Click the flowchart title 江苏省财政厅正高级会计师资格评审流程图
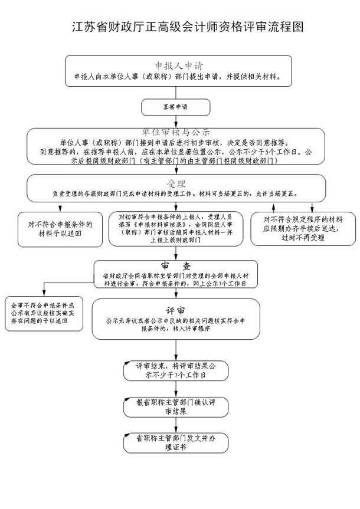pyautogui.click(x=188, y=27)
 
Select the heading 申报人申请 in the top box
pyautogui.click(x=178, y=65)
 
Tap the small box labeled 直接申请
pyautogui.click(x=175, y=107)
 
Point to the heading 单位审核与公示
pyautogui.click(x=175, y=132)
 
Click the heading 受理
pyautogui.click(x=176, y=183)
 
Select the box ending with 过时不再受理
pyautogui.click(x=303, y=228)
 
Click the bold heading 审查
pyautogui.click(x=175, y=266)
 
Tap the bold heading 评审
pyautogui.click(x=175, y=310)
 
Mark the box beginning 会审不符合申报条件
pyautogui.click(x=42, y=314)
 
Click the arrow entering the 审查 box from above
pyautogui.click(x=175, y=254)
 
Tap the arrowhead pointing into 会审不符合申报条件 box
pyautogui.click(x=43, y=293)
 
